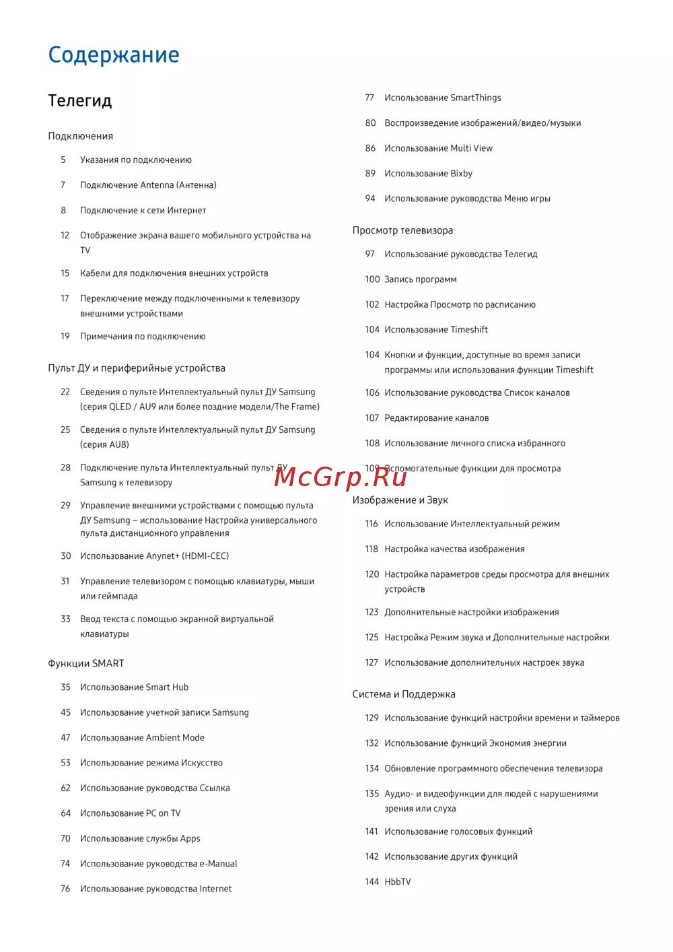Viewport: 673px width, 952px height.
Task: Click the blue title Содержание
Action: (x=114, y=55)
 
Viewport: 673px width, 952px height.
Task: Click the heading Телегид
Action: (x=80, y=101)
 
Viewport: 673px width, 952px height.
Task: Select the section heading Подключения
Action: (x=81, y=136)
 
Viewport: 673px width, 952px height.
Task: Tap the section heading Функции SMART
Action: (x=86, y=663)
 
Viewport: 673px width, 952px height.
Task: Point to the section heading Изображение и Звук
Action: (x=400, y=500)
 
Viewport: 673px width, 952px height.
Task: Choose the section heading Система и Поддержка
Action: (x=404, y=694)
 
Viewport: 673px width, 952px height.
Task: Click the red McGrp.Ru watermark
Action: (x=341, y=477)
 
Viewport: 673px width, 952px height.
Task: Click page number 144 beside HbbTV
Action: (x=372, y=882)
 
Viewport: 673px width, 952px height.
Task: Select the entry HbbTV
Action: (x=398, y=882)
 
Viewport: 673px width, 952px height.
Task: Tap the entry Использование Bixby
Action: (x=428, y=174)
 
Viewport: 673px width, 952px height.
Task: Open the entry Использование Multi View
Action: (x=438, y=148)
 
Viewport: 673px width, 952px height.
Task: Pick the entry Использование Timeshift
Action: (x=436, y=330)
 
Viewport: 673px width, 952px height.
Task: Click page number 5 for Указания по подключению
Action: (x=63, y=160)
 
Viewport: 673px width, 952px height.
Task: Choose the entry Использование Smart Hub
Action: (x=134, y=687)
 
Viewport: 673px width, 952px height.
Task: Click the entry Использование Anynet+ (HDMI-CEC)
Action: (x=154, y=556)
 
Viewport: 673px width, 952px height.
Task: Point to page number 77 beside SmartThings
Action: (x=369, y=98)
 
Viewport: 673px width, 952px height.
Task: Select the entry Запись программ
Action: (x=420, y=279)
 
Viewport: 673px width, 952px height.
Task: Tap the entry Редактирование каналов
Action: (x=436, y=418)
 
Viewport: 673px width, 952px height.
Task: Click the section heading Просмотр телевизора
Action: (x=402, y=230)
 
